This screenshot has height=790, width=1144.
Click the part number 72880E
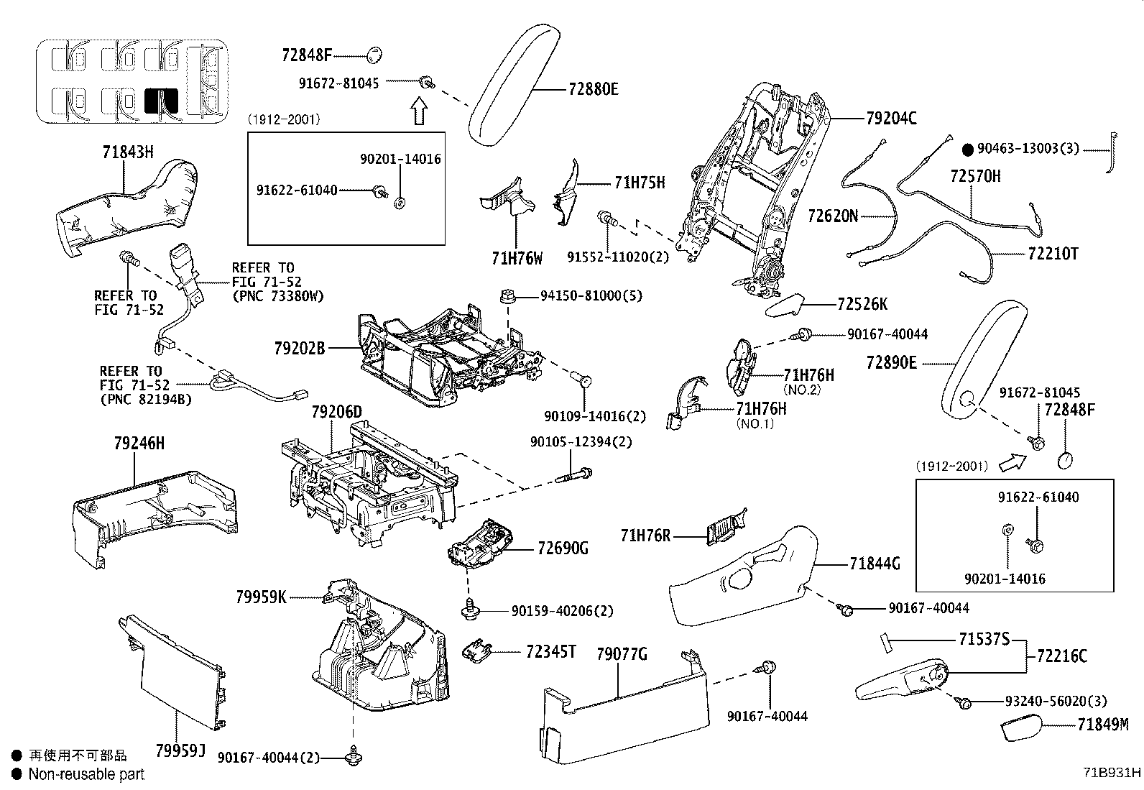coord(593,89)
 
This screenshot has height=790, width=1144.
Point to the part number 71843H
coord(128,152)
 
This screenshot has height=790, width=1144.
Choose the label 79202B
coord(300,349)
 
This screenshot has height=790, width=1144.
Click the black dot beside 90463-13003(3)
coord(968,150)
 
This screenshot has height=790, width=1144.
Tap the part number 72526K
coord(862,304)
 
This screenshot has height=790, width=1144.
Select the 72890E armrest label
coord(891,363)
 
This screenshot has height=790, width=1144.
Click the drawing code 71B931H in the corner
coord(1112,773)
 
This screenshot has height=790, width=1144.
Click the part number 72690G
coord(563,548)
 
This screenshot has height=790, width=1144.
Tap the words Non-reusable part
coord(86,774)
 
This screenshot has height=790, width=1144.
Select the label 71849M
coord(1102,725)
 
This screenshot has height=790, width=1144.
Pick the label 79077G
coord(622,654)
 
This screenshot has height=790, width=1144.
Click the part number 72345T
coord(551,651)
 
